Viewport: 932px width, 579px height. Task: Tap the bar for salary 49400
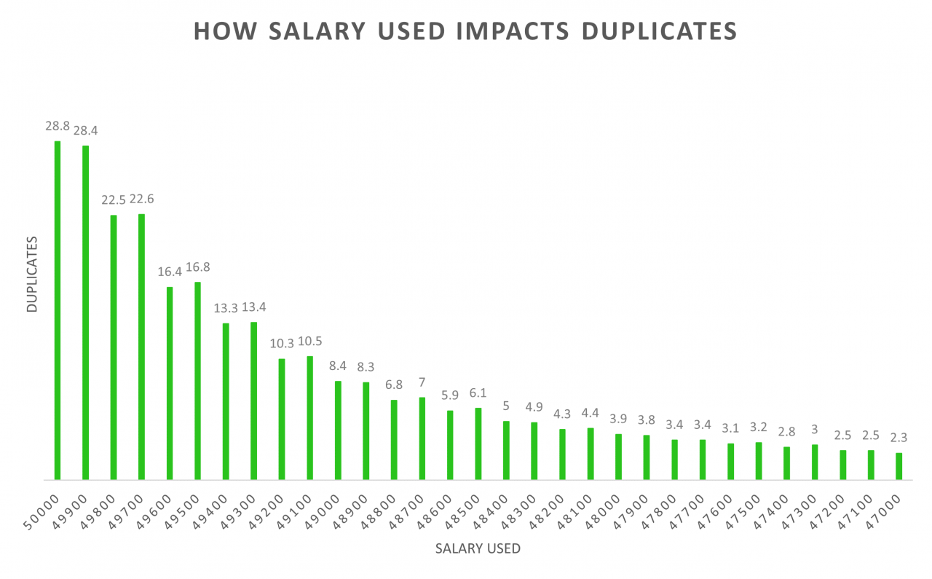click(x=226, y=401)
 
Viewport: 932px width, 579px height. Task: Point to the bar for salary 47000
click(x=899, y=466)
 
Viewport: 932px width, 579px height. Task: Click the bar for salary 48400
click(x=506, y=450)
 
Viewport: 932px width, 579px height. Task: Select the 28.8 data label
click(x=58, y=126)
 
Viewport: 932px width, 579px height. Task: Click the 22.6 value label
click(x=141, y=199)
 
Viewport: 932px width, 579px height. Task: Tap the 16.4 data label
click(x=170, y=272)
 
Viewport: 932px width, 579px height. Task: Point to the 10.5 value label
click(x=309, y=341)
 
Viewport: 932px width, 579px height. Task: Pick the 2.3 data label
click(x=899, y=438)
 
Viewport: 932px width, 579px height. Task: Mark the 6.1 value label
click(x=478, y=393)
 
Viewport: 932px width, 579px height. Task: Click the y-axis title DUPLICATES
click(x=31, y=274)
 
